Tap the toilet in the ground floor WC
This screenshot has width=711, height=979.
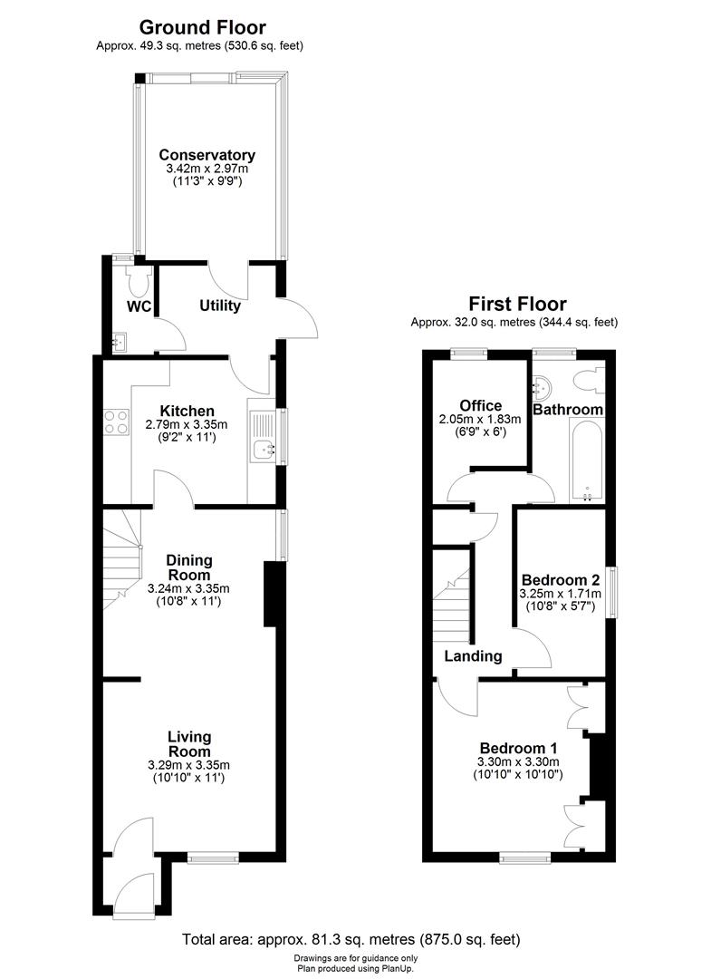tap(139, 281)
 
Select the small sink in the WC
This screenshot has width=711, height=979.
tap(120, 342)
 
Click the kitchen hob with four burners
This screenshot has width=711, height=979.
tap(117, 422)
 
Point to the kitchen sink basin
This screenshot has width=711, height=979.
tap(264, 448)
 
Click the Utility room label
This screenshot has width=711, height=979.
tap(220, 305)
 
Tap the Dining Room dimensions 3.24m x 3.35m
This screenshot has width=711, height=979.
tap(188, 588)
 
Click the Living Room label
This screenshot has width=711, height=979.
tap(189, 743)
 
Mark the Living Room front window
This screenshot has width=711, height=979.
tap(213, 854)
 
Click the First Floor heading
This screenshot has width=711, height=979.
tap(516, 304)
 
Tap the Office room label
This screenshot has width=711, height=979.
tap(480, 405)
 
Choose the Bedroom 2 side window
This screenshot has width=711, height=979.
tap(613, 593)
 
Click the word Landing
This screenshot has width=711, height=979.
tap(473, 656)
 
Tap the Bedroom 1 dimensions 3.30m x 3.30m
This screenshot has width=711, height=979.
tap(519, 761)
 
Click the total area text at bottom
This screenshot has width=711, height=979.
tap(351, 939)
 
